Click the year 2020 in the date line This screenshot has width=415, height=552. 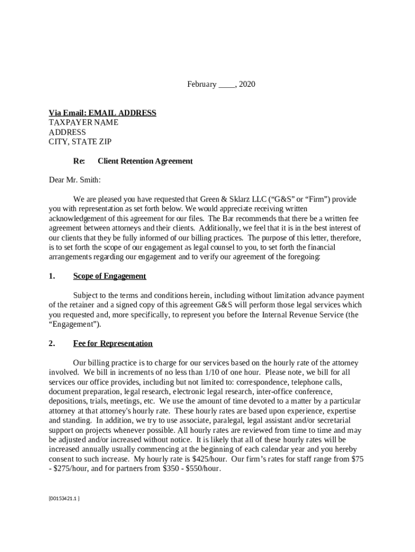[247, 84]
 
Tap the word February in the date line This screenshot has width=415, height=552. [202, 84]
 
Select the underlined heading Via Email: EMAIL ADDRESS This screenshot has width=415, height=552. [102, 113]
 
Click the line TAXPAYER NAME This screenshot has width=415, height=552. [84, 122]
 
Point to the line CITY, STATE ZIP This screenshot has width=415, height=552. [80, 142]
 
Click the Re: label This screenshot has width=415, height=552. [79, 161]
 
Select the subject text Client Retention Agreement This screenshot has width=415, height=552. [145, 161]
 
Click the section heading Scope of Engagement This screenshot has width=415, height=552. [109, 276]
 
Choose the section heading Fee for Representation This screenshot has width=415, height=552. [113, 343]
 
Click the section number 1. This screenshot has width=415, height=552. [52, 276]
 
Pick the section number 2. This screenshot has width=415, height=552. [52, 343]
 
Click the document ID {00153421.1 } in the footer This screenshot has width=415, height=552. [64, 498]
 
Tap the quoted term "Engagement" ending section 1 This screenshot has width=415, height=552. [74, 325]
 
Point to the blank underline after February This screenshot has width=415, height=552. [227, 85]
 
